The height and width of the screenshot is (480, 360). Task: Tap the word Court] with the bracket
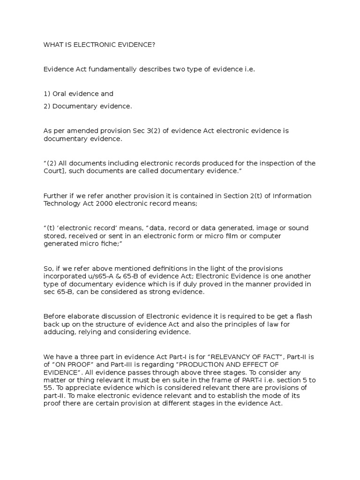(55, 171)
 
